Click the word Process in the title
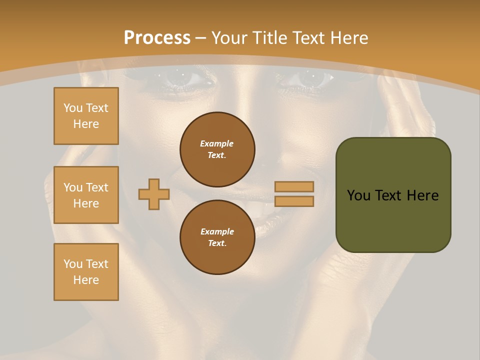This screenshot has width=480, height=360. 157,38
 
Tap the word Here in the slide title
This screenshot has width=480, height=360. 348,38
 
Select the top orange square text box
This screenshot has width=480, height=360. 86,116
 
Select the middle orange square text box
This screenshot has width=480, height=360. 86,195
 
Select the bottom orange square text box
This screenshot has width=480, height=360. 86,272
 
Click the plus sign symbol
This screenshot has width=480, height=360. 154,194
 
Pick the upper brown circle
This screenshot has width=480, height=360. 217,149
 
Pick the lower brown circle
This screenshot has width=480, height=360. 217,237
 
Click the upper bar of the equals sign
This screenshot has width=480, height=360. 294,186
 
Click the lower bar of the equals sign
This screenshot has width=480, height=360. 294,201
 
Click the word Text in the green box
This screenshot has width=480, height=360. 388,195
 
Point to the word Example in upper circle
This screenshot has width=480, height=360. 217,143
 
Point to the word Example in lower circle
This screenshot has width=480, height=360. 217,231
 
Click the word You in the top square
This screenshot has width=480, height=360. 73,108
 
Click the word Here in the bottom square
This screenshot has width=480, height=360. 86,280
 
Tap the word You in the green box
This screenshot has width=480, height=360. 358,195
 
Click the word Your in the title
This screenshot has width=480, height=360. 230,38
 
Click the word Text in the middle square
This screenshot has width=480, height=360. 97,187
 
